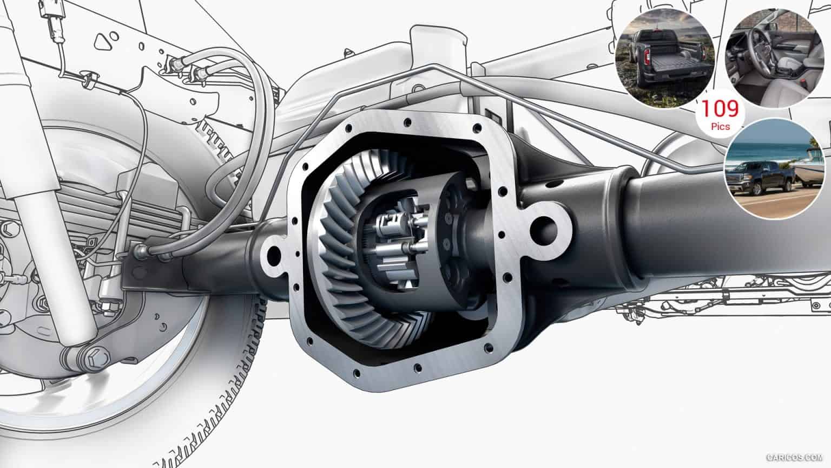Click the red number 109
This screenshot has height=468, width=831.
(720, 109)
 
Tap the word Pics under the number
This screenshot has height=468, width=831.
(721, 127)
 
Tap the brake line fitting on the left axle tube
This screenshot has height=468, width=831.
(142, 250)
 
